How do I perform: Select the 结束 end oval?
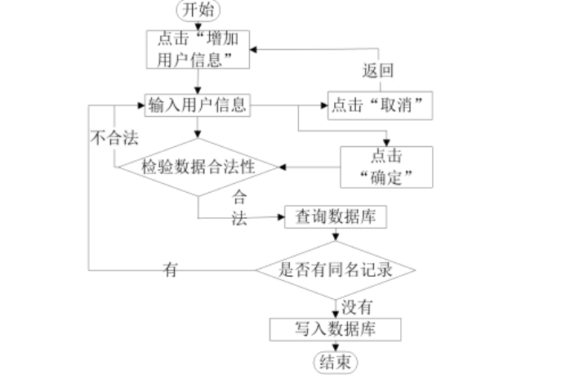coord(336,363)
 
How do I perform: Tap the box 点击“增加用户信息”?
coord(198,48)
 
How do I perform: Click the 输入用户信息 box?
coord(198,105)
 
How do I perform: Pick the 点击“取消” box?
coord(379,106)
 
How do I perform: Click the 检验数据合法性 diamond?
coord(198,167)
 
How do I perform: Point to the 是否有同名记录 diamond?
coord(336,269)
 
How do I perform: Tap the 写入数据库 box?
coord(336,328)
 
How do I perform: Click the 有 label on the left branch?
coord(171,269)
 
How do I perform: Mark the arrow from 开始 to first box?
coord(198,25)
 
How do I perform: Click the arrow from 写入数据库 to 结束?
coord(336,346)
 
